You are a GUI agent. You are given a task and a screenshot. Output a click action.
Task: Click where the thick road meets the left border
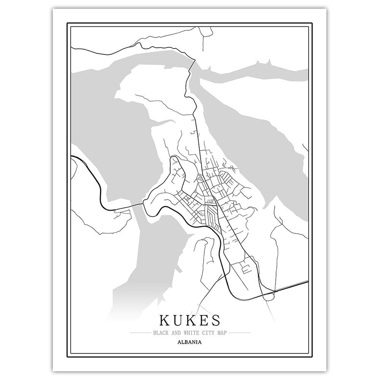coord(72,156)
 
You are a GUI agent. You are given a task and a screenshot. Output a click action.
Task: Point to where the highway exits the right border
coord(307,282)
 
